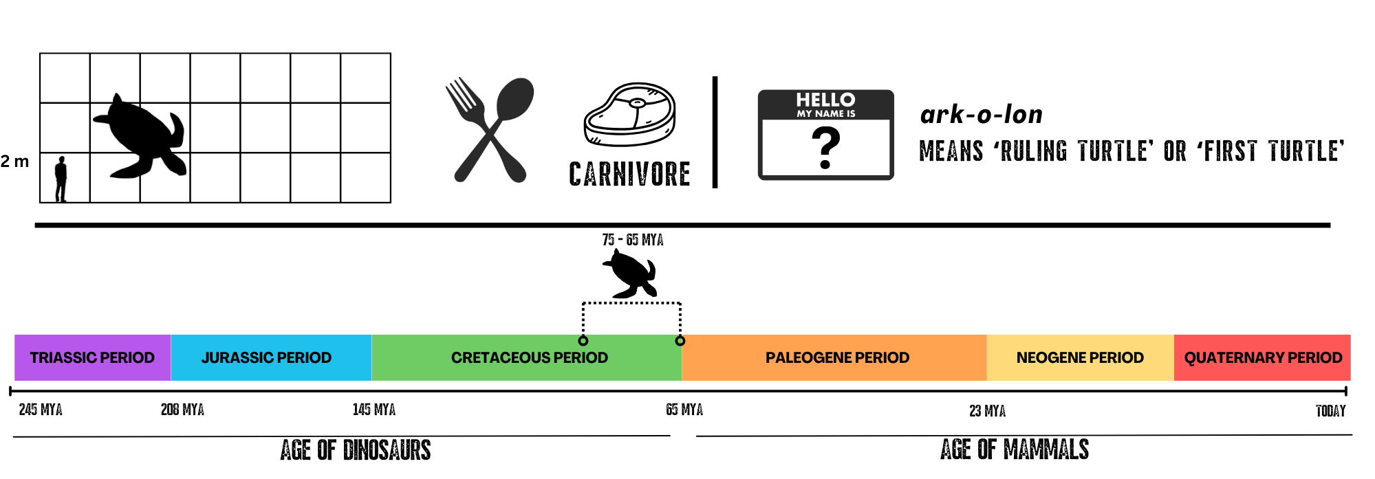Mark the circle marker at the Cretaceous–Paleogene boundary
click(680, 340)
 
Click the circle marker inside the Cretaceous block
click(583, 340)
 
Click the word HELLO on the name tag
click(825, 100)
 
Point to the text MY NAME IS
click(825, 114)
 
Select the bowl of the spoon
click(515, 98)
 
